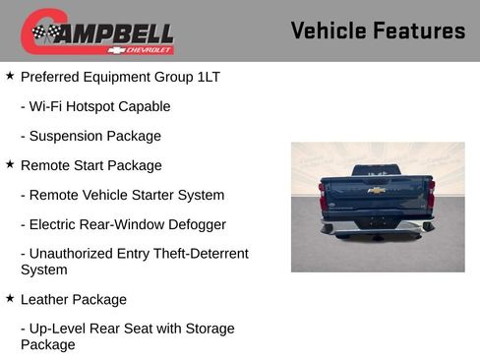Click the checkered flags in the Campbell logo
45,33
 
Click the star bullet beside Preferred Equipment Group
10,75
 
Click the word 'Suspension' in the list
69,136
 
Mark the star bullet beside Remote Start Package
10,164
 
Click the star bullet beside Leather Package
10,298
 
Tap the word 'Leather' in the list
45,299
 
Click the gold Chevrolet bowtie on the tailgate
377,190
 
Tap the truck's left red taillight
323,194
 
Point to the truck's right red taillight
431,194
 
